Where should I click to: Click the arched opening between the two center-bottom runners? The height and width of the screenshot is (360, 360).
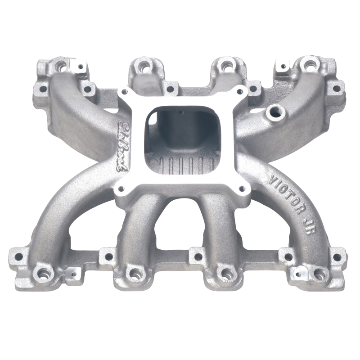click(x=181, y=229)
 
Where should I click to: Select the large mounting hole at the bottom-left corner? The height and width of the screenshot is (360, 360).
click(x=43, y=273)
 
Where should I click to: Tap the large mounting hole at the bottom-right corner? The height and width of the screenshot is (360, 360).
click(x=319, y=273)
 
